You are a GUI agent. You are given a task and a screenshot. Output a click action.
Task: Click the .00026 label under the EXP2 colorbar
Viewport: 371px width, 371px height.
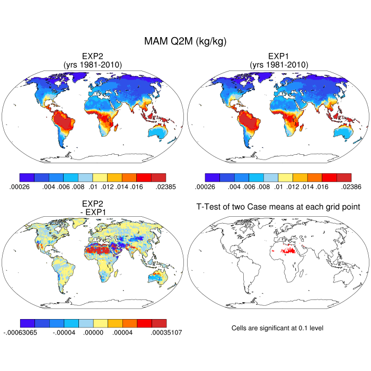pos(19,187)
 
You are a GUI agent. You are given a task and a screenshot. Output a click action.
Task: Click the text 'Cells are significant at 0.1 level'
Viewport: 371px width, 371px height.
pos(277,328)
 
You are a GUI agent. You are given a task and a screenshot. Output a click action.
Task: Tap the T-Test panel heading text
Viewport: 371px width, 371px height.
pos(278,207)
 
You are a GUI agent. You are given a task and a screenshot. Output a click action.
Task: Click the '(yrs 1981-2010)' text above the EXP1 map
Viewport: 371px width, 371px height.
pos(278,65)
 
